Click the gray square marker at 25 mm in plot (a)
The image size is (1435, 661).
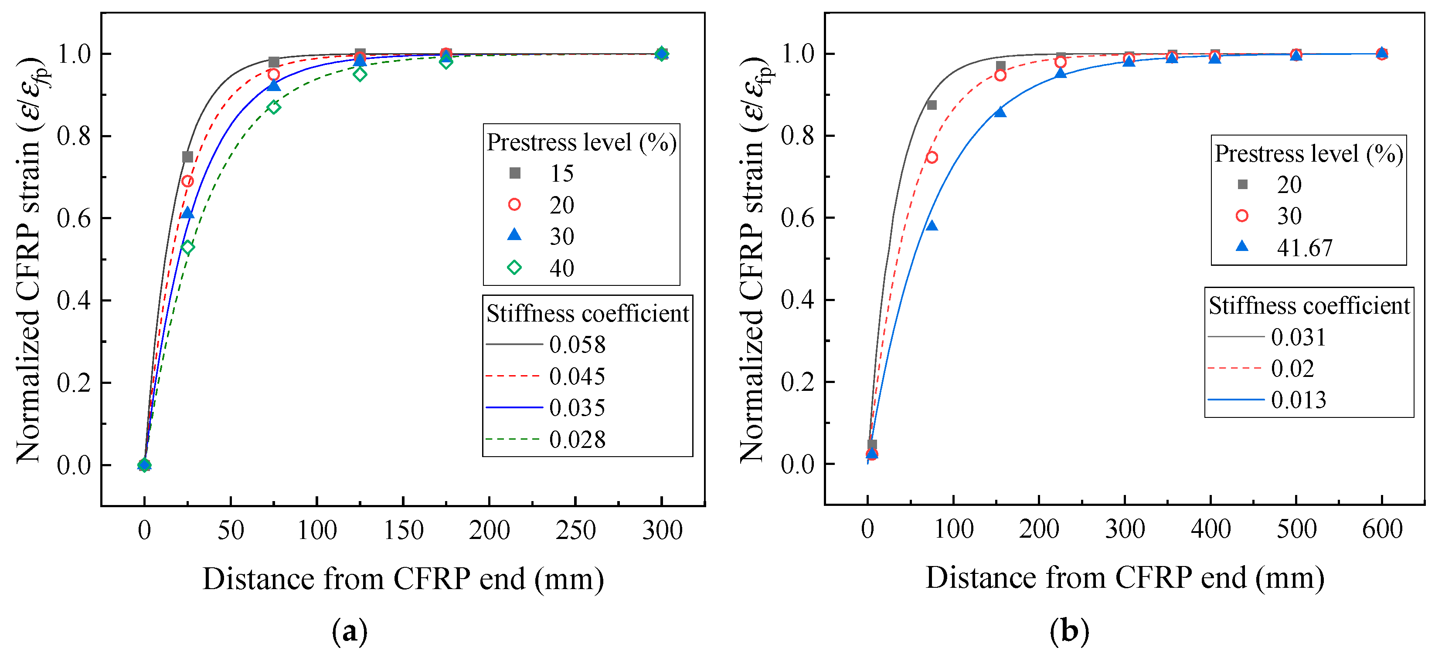188,157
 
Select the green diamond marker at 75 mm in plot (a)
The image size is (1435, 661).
273,107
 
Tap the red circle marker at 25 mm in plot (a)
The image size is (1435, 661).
188,182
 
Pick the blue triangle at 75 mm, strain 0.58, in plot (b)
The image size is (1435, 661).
932,226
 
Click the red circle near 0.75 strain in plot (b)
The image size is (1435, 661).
932,158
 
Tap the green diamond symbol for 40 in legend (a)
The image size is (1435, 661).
514,268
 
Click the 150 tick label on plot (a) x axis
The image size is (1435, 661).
403,530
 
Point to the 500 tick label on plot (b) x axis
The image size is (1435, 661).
1296,529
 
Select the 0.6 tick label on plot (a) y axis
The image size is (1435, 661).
74,218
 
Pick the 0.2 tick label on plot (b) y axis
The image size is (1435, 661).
797,382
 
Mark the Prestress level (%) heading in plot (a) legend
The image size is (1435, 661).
581,142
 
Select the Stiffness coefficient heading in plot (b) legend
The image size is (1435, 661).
1309,306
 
